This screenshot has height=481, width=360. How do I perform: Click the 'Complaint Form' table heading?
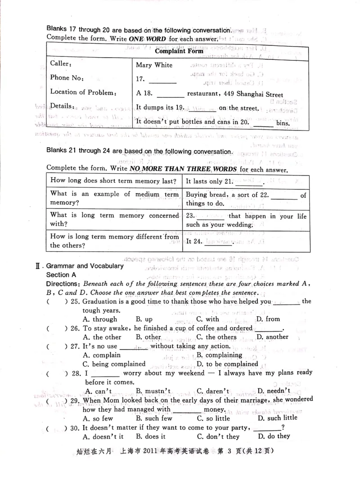coord(179,51)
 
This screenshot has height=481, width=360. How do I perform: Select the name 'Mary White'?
coord(154,65)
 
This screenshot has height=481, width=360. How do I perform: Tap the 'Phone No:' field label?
coord(67,78)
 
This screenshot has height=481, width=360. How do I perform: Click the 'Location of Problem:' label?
coord(83,92)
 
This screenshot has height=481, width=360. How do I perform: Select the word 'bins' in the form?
coord(283,123)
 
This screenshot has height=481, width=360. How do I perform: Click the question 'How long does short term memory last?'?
coord(113,181)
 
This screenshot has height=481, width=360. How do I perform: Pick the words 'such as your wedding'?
coord(220,225)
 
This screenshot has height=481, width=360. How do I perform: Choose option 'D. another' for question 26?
coord(272,337)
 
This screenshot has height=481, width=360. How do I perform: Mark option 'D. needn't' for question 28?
coord(273,391)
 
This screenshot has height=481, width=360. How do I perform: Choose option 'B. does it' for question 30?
coord(151,436)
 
